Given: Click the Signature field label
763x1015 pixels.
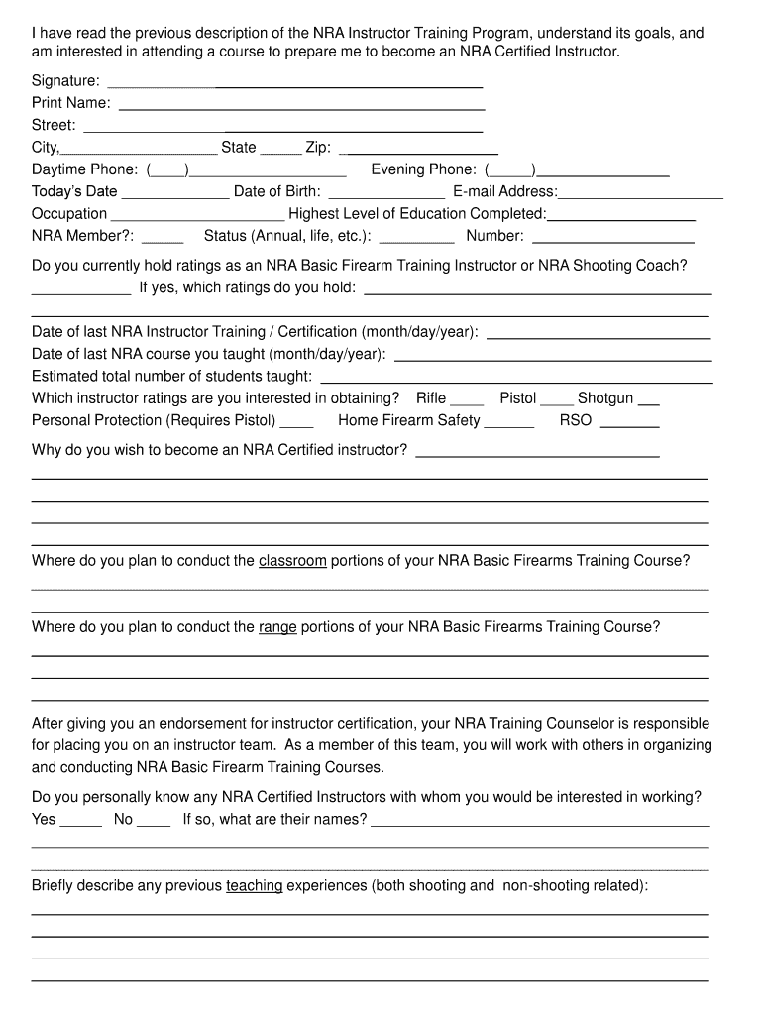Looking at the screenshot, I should pos(65,81).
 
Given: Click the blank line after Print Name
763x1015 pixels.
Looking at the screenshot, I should pos(301,104).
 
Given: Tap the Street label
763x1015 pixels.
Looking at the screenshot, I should pos(54,126).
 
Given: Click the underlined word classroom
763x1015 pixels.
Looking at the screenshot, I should pos(292,561).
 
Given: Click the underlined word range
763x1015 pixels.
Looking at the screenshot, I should pos(277,627).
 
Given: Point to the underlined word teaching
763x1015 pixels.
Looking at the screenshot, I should pos(255,886).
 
